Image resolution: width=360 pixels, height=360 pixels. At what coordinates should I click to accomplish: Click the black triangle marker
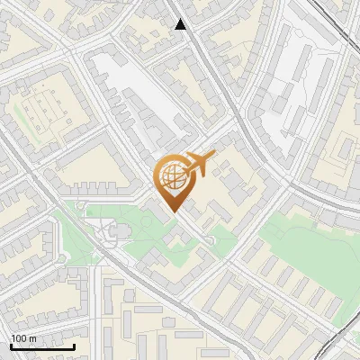point(181,24)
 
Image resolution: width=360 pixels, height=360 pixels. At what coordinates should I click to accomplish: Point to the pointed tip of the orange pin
point(171,211)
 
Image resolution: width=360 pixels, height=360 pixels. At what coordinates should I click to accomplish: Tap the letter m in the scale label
point(32,338)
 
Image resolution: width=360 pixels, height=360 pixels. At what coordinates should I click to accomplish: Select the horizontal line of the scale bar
point(42,346)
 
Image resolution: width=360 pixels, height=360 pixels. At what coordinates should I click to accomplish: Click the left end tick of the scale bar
point(11,345)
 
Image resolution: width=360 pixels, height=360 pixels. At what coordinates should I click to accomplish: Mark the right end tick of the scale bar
point(75,345)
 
